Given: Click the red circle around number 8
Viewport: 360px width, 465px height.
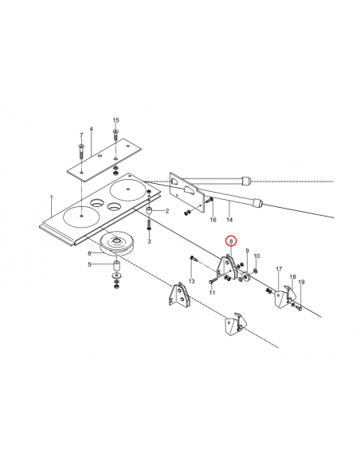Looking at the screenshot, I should [x=230, y=240].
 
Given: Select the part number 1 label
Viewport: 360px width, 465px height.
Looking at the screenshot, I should [x=52, y=197].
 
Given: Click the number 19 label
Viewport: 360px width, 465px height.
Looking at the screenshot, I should [x=302, y=283].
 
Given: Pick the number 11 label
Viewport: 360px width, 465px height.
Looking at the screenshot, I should [x=212, y=293].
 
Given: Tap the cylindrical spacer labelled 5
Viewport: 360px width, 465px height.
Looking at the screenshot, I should [x=115, y=264].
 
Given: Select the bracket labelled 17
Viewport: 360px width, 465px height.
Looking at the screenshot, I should [x=280, y=295].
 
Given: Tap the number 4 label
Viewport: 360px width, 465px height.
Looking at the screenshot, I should [x=91, y=129].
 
